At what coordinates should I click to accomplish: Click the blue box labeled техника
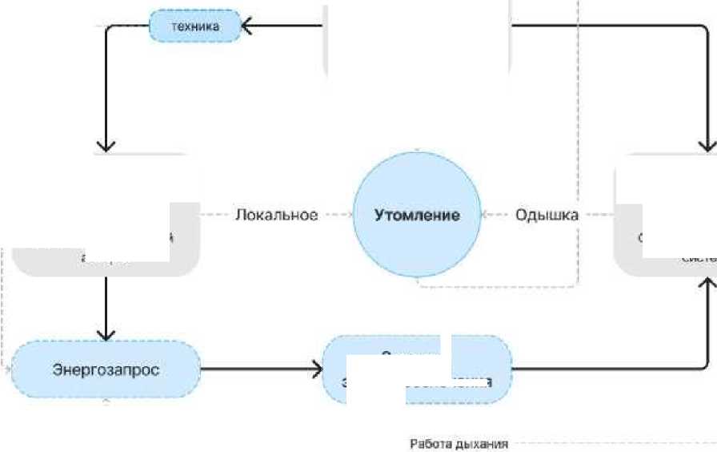click(195, 26)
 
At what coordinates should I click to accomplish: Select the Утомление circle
click(418, 215)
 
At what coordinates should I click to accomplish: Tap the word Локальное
click(276, 215)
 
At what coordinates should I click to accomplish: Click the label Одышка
click(547, 215)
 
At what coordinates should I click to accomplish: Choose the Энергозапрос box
click(106, 370)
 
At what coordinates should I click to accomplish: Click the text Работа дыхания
click(459, 443)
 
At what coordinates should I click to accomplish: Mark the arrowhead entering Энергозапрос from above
click(106, 333)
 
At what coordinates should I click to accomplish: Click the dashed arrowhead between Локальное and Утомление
click(349, 215)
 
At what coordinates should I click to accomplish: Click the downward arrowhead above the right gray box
click(707, 145)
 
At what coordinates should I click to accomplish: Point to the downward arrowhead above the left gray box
click(106, 145)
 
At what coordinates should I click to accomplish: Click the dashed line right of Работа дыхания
click(608, 443)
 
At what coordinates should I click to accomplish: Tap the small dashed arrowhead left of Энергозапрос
click(8, 370)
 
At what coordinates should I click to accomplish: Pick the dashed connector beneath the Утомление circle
click(496, 285)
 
